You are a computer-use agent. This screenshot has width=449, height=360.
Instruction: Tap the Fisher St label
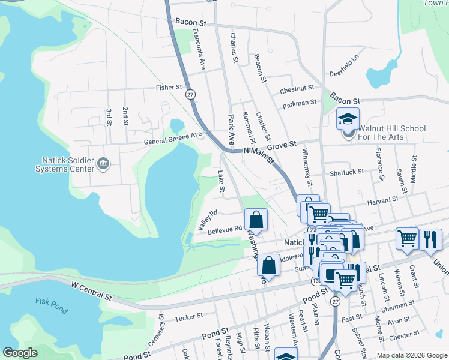tap(169, 88)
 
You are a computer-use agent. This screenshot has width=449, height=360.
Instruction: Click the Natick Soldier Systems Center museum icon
tap(103, 163)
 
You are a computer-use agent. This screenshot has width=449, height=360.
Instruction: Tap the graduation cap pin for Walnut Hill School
tap(348, 119)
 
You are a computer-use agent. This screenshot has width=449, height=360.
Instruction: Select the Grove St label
tap(282, 145)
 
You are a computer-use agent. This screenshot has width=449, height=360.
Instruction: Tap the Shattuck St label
tap(346, 172)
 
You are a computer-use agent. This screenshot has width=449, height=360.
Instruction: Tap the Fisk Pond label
tap(45, 301)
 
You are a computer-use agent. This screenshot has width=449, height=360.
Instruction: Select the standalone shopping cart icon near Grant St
tap(407, 238)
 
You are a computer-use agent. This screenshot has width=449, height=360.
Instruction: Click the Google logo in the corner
tap(20, 353)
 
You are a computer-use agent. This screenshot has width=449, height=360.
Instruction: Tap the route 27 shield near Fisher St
tap(190, 95)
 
